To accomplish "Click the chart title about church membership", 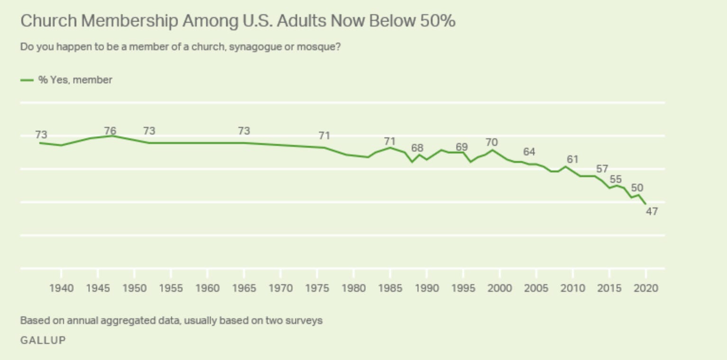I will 237,21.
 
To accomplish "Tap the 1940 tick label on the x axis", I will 62,288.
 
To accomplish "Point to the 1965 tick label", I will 244,288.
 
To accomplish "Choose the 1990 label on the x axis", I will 427,288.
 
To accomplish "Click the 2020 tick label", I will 646,288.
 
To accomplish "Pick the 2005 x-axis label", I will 536,288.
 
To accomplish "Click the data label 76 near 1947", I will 110,131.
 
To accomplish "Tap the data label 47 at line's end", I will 652,212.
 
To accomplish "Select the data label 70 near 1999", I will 491,142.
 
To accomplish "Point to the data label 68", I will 417,148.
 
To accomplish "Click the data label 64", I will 529,152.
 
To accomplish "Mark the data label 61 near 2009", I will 573,159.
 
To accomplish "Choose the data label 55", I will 616,179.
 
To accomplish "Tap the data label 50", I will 637,188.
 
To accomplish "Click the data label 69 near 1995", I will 462,147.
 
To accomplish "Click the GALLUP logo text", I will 43,340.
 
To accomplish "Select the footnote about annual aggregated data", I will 171,321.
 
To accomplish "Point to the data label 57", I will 602,169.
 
